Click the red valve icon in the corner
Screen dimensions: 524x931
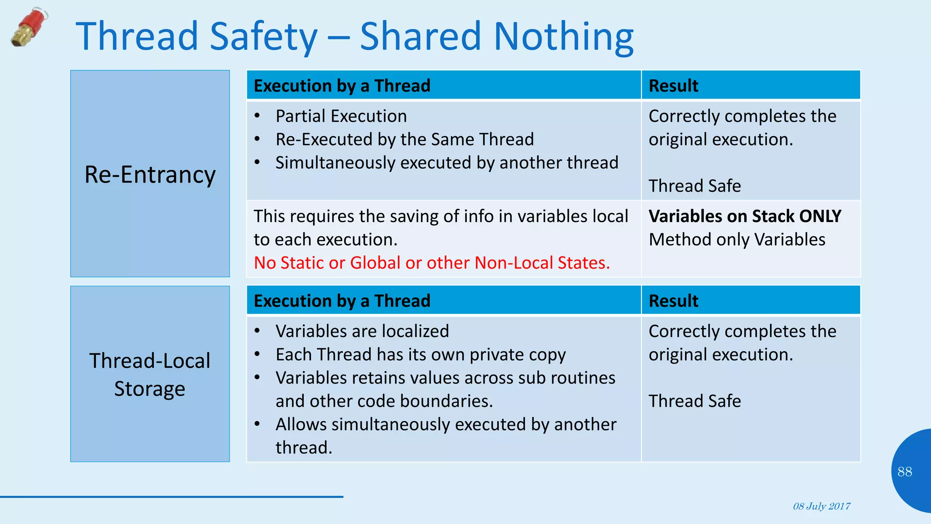coord(29,27)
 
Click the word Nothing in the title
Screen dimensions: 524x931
coord(564,36)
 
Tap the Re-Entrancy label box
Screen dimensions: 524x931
coord(150,174)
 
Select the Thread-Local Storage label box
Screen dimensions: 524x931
coord(150,374)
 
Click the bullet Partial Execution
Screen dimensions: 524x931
coord(341,116)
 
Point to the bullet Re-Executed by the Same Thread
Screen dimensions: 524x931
coord(405,139)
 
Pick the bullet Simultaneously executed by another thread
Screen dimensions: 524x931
coord(447,162)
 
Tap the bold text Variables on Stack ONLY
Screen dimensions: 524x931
coord(745,216)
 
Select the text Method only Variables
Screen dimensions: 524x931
coord(737,239)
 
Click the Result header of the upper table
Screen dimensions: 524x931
coord(673,86)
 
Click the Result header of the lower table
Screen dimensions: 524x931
coord(673,301)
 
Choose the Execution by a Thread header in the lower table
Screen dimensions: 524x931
coord(342,301)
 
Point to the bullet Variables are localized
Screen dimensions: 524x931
coord(362,331)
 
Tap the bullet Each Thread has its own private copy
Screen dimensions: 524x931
coord(420,354)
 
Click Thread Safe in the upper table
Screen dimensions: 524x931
coord(695,186)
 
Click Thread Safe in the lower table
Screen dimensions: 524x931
coord(695,401)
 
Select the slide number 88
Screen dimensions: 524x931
coord(905,472)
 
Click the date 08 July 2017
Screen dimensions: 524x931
coord(821,506)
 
